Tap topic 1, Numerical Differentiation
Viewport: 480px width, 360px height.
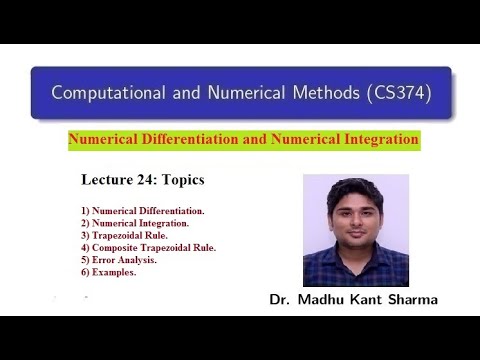[143, 211]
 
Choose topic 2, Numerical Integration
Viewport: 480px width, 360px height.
[136, 223]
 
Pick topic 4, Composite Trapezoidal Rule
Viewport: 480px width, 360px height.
[149, 247]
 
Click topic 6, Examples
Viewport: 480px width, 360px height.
[109, 271]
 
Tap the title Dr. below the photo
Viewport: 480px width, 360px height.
[281, 299]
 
